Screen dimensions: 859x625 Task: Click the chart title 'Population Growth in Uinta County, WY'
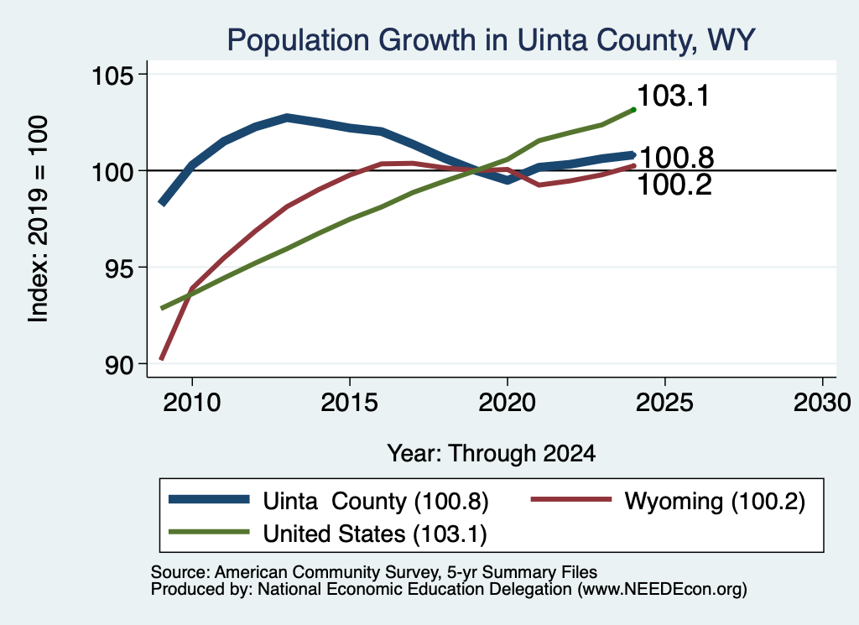tap(492, 40)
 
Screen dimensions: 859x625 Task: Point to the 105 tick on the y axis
tap(112, 75)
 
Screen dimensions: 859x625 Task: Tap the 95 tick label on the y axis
tap(119, 268)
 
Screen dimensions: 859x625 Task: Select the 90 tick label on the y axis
tap(119, 365)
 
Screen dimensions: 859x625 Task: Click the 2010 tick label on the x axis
tap(192, 403)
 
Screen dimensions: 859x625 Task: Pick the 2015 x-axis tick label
tap(350, 403)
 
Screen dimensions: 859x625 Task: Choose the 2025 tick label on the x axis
tap(664, 403)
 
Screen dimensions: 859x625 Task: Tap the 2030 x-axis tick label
tap(822, 403)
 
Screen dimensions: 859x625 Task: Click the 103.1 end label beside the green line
tap(674, 96)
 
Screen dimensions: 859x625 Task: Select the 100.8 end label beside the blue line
tap(677, 158)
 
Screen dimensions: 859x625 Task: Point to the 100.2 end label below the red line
tap(674, 185)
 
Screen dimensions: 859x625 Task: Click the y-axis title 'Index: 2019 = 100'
tap(39, 219)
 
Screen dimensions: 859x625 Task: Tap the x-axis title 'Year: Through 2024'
tap(492, 454)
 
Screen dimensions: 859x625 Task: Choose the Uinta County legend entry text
tap(375, 502)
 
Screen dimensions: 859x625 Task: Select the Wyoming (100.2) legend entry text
tap(715, 502)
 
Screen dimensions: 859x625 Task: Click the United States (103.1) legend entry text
tap(375, 534)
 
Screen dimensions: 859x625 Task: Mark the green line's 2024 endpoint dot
tap(634, 110)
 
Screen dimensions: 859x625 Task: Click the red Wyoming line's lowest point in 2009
tap(162, 359)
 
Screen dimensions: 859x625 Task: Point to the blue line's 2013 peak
tap(287, 117)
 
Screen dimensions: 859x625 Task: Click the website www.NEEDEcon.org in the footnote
tap(662, 590)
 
